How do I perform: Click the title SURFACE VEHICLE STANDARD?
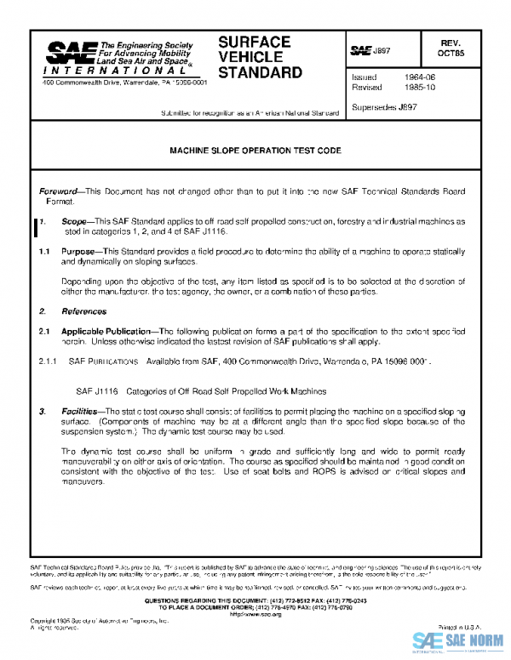click(260, 57)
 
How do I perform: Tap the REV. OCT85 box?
click(451, 47)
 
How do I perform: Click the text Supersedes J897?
click(384, 108)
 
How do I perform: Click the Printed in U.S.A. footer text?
click(445, 626)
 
